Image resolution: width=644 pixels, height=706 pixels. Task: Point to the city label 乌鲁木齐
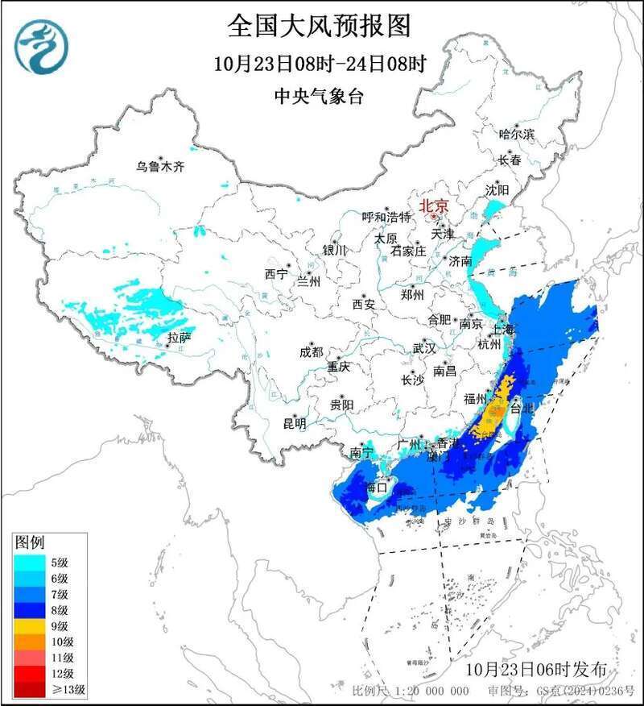coord(159,167)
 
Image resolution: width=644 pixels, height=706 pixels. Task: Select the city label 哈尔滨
coord(516,135)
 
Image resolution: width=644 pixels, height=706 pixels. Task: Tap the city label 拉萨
coord(179,336)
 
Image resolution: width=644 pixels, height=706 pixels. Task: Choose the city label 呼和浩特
coord(386,217)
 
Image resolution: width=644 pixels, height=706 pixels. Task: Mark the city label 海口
coord(377,488)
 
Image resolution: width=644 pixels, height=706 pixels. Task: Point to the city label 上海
coord(504,329)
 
